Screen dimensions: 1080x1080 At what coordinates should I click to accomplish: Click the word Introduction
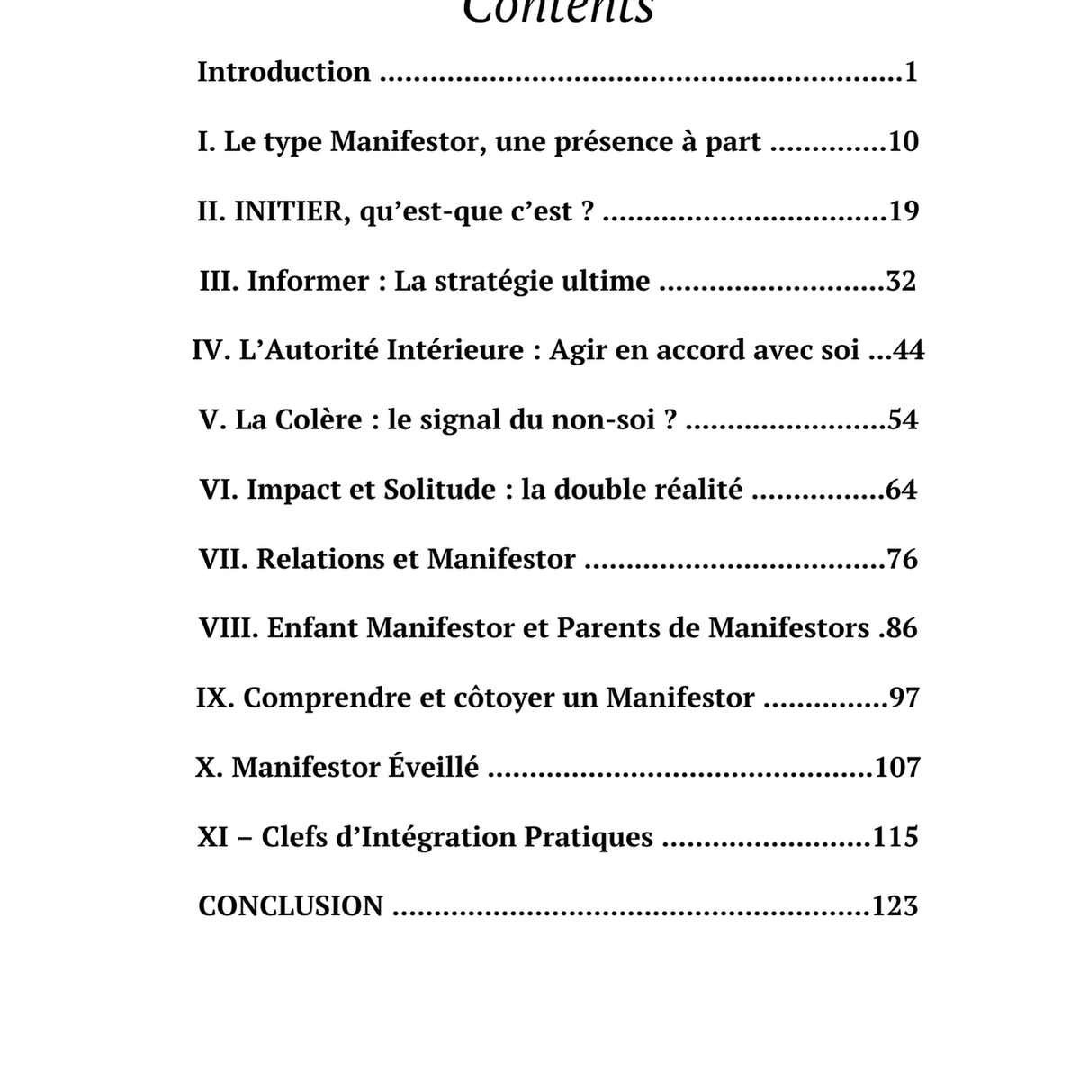(283, 72)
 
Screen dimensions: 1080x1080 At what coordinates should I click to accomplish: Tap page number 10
(903, 142)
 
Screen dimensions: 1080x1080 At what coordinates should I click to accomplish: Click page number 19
(903, 211)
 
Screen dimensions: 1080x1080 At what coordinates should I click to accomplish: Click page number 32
(901, 282)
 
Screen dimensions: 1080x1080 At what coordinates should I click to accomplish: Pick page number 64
(901, 490)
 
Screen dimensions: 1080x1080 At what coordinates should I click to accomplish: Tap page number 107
(896, 768)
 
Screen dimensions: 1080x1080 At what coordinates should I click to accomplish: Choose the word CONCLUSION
(291, 906)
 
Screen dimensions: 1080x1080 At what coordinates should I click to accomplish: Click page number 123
(895, 906)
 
